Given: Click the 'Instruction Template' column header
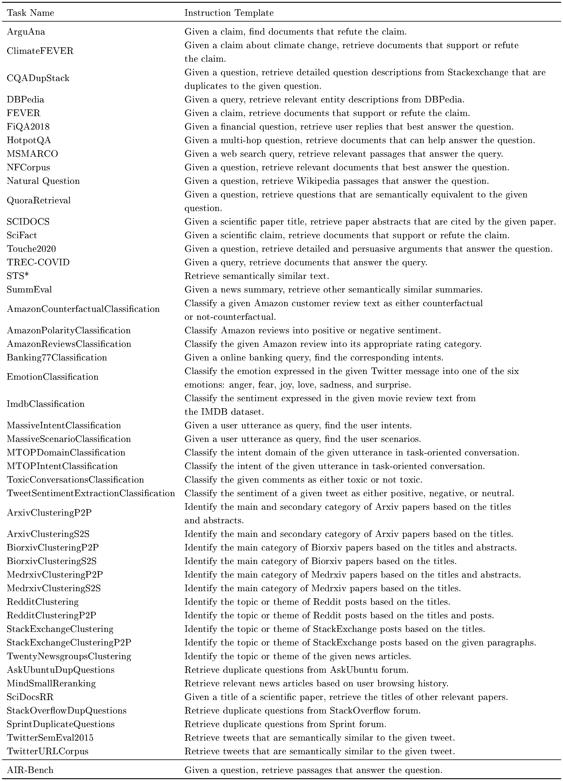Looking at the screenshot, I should pyautogui.click(x=229, y=13).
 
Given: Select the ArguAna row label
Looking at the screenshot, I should pyautogui.click(x=26, y=32).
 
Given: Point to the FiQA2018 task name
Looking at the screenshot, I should pyautogui.click(x=28, y=127).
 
